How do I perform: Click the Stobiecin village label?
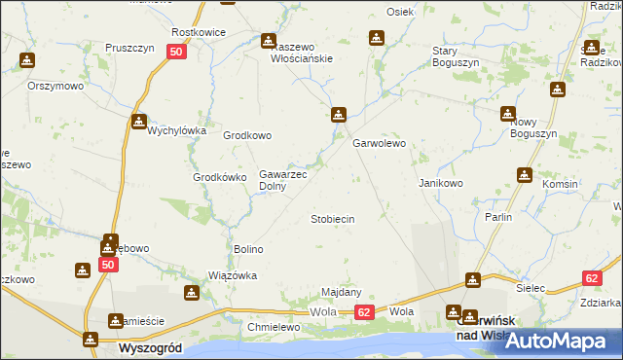332,220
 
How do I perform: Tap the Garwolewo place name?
379,144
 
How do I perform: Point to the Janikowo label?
440,183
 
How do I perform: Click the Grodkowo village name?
247,136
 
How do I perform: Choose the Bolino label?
248,249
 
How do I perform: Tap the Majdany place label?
342,292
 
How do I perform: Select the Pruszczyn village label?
125,47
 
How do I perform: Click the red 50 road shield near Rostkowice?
176,53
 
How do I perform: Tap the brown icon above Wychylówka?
139,122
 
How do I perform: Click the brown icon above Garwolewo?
338,113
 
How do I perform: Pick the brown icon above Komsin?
525,175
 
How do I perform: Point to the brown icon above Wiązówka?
194,293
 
